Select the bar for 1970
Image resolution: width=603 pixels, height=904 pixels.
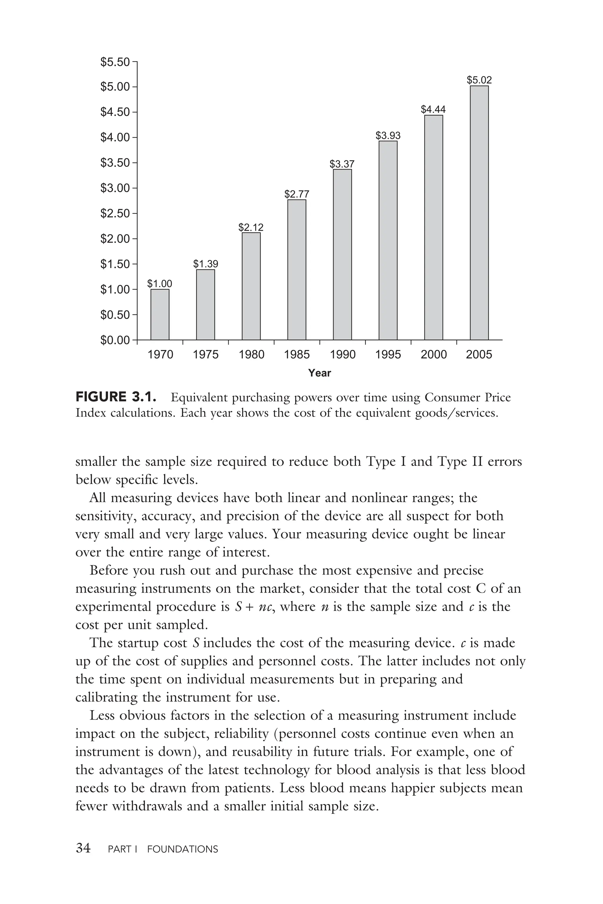pos(160,314)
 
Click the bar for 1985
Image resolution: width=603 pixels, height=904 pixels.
pos(296,270)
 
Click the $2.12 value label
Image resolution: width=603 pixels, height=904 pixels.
pos(251,227)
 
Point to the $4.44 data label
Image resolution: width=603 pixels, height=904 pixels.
pos(433,109)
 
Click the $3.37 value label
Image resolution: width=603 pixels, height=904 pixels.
pos(342,164)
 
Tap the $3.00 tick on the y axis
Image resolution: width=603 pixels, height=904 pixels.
pos(115,188)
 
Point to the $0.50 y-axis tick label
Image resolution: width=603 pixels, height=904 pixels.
pos(115,315)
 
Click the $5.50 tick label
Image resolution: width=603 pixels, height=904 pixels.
pos(115,62)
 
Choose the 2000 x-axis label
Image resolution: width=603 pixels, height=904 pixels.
pos(433,354)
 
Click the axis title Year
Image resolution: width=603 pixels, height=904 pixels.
pos(319,373)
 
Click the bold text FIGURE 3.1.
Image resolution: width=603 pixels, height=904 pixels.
pos(116,397)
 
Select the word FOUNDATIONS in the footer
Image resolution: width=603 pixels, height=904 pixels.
pos(182,849)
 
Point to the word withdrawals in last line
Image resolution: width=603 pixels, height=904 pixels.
pos(147,806)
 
